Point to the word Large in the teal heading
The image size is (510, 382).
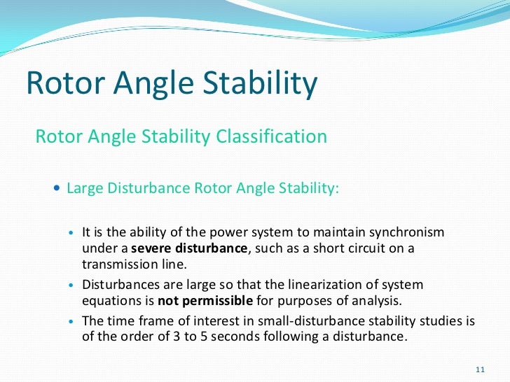tap(83, 189)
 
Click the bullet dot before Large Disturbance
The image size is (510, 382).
tap(57, 189)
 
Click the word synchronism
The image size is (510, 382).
tap(404, 232)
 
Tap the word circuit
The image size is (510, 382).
tap(352, 249)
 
